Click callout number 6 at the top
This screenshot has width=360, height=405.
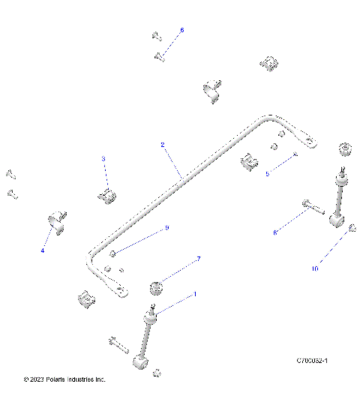(x=181, y=30)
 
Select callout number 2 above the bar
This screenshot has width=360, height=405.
(x=161, y=144)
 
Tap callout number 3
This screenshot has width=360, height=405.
(x=103, y=159)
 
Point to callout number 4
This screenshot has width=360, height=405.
(x=43, y=250)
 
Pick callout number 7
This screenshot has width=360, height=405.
(x=198, y=259)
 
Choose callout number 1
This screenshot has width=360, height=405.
(x=196, y=295)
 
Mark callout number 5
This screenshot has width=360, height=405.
(x=267, y=173)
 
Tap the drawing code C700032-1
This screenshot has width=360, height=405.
(x=313, y=361)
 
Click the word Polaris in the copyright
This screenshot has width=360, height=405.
(x=56, y=379)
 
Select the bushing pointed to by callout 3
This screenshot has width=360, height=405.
(x=108, y=197)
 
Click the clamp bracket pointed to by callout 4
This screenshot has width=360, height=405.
(x=57, y=223)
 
